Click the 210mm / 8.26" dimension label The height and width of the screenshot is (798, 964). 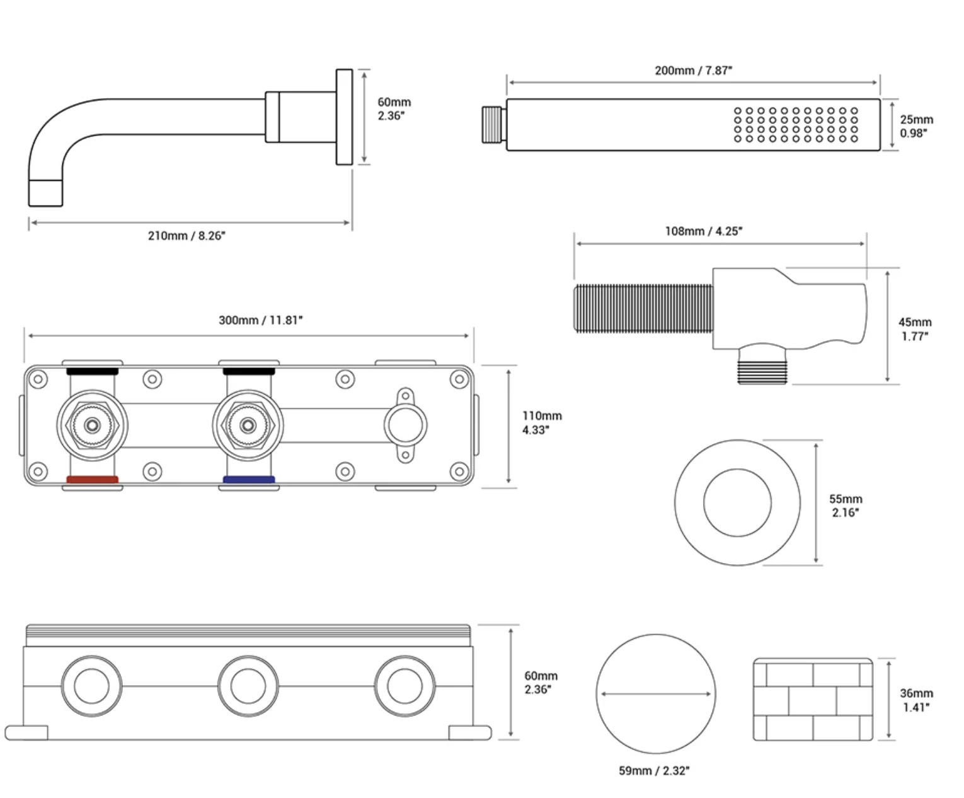tap(186, 236)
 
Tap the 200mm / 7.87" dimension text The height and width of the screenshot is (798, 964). tap(693, 70)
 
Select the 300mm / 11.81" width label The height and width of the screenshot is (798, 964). tap(261, 320)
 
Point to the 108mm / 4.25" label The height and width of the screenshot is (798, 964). tap(704, 231)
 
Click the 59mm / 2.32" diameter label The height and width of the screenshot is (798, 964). tap(654, 770)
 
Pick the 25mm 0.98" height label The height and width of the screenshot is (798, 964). tap(916, 126)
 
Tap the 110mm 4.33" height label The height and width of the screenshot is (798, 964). tap(541, 423)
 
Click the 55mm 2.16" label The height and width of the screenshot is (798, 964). tap(845, 506)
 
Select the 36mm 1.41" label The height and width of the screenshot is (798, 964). tap(916, 700)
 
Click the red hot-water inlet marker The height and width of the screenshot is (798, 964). tap(92, 480)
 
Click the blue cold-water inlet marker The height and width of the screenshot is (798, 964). tap(249, 480)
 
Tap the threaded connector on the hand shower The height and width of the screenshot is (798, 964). tap(493, 125)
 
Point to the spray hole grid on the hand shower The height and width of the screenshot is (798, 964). tap(796, 125)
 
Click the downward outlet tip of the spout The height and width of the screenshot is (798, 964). tap(45, 192)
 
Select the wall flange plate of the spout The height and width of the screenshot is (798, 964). tap(344, 117)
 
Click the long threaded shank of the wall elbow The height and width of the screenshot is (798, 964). tap(643, 308)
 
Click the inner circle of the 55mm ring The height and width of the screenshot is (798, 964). tap(737, 503)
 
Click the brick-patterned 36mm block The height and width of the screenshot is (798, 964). tap(813, 700)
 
